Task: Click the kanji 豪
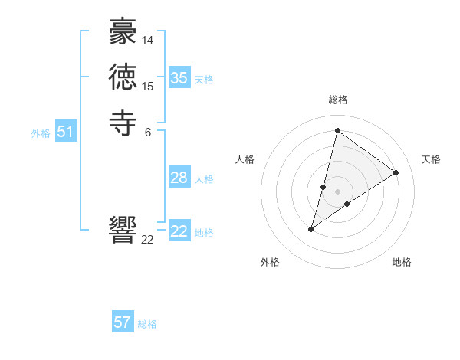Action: [123, 34]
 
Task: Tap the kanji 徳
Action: [123, 77]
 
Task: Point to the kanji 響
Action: [123, 230]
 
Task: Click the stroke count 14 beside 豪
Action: [148, 40]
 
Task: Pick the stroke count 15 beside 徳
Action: [148, 86]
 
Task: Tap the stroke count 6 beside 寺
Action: [148, 131]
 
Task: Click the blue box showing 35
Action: [179, 78]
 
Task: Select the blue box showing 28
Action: [179, 178]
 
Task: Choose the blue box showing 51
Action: [66, 133]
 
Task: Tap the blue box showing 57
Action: [123, 322]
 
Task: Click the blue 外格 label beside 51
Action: [41, 133]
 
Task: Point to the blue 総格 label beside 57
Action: [147, 324]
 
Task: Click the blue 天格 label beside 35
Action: [204, 80]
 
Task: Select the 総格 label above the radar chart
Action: [338, 100]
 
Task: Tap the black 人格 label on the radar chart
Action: [245, 159]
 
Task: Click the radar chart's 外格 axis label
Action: [270, 262]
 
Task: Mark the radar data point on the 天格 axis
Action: [396, 172]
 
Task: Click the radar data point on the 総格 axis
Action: [337, 130]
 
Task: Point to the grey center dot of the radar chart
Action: [337, 191]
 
